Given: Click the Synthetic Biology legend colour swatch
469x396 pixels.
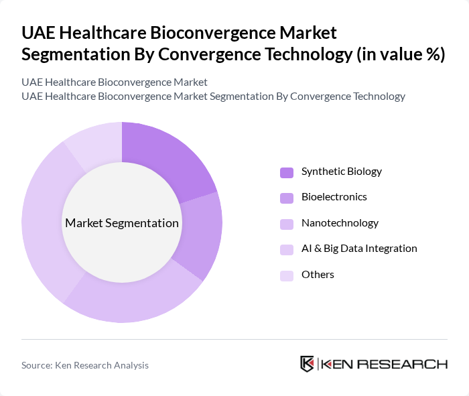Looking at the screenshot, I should [x=286, y=172].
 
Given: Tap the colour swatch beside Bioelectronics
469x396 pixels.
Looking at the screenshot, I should [x=286, y=198].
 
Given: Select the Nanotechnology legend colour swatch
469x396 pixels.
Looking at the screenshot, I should [x=286, y=224].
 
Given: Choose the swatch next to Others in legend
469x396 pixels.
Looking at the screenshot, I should [x=286, y=275].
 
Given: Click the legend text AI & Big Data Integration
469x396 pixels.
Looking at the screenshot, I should [x=359, y=249].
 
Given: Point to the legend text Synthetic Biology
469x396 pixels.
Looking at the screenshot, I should [x=341, y=172].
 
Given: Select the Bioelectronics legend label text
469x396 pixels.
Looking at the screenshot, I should [x=334, y=197].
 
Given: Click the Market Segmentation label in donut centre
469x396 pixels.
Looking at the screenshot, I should [x=122, y=223].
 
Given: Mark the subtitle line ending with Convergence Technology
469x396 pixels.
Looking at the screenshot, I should [x=213, y=96].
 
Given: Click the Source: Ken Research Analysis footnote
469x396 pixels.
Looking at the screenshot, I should [x=85, y=365].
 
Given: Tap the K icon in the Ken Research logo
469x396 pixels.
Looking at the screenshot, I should [x=308, y=364].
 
